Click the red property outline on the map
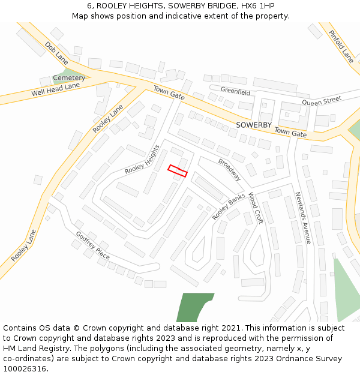tap(178, 170)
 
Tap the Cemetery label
tap(69, 78)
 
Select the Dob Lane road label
tap(56, 52)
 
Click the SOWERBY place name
tap(253, 125)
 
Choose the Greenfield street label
tap(235, 92)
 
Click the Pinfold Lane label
tap(341, 47)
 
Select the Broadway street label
tap(229, 170)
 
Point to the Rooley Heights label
tap(142, 160)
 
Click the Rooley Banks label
tap(229, 206)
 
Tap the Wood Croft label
tap(256, 208)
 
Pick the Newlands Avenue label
tap(303, 218)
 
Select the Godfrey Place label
tap(92, 245)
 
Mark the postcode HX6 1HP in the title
tap(254, 5)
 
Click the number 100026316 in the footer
tap(25, 369)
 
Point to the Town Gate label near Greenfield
tap(169, 92)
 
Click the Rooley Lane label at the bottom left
tap(23, 245)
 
